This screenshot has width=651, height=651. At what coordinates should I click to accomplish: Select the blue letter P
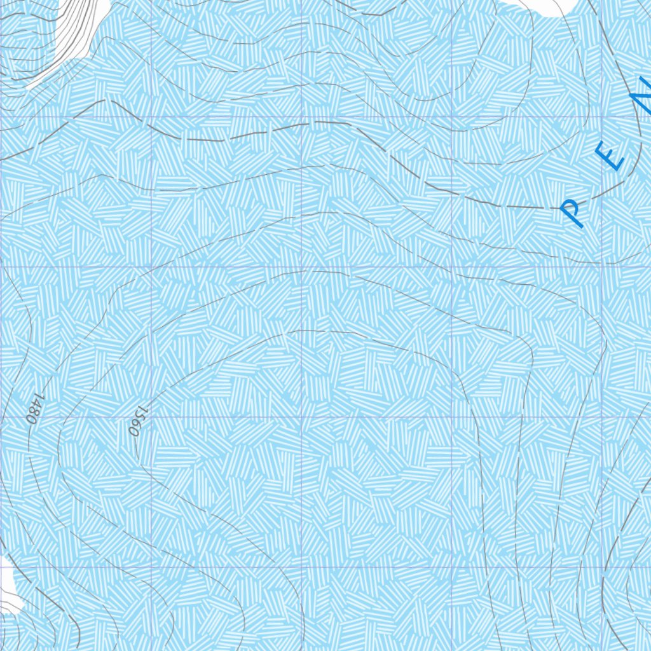tap(573, 212)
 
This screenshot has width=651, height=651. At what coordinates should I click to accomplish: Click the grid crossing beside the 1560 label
tap(151, 417)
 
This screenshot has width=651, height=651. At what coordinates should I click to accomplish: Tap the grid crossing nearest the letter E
tap(601, 117)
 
